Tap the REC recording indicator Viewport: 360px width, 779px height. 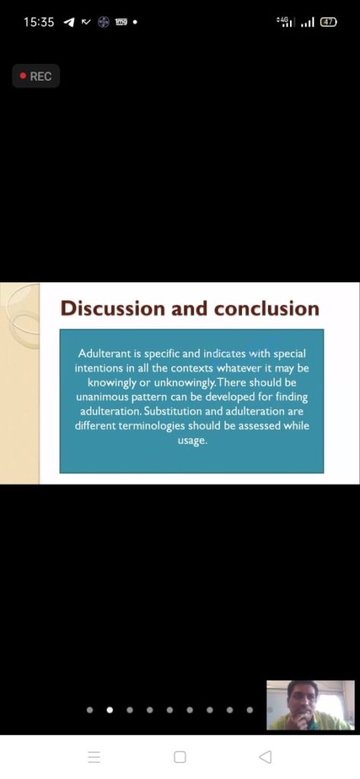(36, 77)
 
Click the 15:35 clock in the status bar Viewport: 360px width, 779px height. (39, 22)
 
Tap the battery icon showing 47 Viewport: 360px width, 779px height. (328, 22)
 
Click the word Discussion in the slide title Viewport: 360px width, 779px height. (113, 308)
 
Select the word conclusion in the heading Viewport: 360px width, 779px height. (267, 308)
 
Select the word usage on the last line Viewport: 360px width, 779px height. (192, 441)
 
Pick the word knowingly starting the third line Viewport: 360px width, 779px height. (110, 383)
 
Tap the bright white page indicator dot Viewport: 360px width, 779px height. (110, 710)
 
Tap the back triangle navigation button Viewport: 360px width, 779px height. (266, 757)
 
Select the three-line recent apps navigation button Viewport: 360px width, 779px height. (94, 757)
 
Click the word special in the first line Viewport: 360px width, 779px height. (290, 355)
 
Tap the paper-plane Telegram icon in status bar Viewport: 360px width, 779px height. (68, 22)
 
